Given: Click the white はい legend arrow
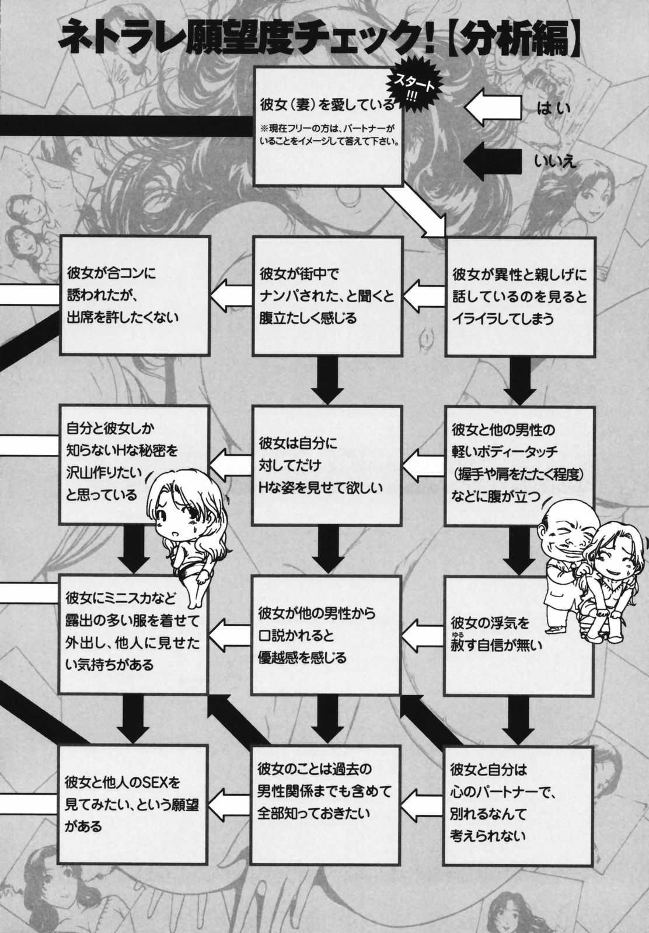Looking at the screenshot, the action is coord(493,107).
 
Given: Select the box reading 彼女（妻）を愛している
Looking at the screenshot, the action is coord(327,127).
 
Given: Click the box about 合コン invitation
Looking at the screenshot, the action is coord(134,296).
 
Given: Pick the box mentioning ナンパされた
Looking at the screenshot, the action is coord(327,296).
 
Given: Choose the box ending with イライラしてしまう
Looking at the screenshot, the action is coord(520,297).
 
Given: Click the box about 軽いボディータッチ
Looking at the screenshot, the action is coord(519,466).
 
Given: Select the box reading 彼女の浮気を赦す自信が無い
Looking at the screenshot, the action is coord(518,636).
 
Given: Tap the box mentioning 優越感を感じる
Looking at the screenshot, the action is coord(326,635).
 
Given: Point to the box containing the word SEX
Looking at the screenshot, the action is coord(132,804).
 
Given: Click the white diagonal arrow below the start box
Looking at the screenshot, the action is coord(415,212).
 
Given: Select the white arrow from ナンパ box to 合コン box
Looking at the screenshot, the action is coord(231,296).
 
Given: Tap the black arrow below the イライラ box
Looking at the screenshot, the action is coord(520,381).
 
